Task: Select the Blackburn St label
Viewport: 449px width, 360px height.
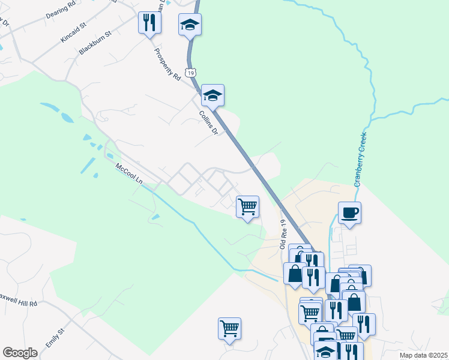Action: coord(95,44)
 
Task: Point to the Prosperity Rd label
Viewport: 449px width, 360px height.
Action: coord(167,65)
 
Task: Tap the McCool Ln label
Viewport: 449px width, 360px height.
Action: coord(130,175)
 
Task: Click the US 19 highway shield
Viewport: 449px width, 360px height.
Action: coord(190,73)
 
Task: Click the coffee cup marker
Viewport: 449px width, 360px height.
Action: coord(349,212)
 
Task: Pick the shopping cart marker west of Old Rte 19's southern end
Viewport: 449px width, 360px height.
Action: coord(229,328)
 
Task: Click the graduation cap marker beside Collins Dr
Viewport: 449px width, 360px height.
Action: coord(212,95)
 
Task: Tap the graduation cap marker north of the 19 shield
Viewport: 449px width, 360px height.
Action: coord(190,25)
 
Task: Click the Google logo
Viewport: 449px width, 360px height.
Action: coord(20,352)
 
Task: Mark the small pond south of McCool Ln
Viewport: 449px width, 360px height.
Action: coord(155,217)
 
